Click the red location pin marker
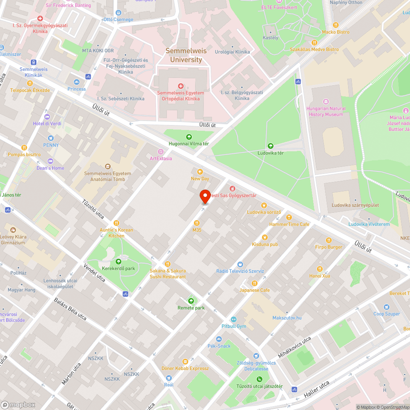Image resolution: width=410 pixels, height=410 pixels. pyautogui.click(x=205, y=197)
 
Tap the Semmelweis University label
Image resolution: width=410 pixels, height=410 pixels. pyautogui.click(x=186, y=55)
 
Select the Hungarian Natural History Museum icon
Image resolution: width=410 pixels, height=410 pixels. pyautogui.click(x=326, y=101)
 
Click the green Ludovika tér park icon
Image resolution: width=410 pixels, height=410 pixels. pyautogui.click(x=270, y=146)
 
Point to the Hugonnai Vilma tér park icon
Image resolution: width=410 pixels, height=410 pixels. pyautogui.click(x=189, y=137)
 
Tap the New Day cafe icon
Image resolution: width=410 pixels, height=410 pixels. pyautogui.click(x=200, y=172)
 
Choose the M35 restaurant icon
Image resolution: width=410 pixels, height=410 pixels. pyautogui.click(x=197, y=223)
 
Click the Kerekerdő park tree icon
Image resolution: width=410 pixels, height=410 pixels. pyautogui.click(x=118, y=262)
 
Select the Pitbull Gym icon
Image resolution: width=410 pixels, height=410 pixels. pyautogui.click(x=233, y=319)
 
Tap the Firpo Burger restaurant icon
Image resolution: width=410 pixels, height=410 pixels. pyautogui.click(x=328, y=240)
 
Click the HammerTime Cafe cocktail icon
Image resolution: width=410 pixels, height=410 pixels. pyautogui.click(x=289, y=217)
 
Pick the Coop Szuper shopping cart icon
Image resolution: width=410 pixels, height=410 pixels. pyautogui.click(x=386, y=307)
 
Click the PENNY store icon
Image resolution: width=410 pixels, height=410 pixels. pyautogui.click(x=51, y=138)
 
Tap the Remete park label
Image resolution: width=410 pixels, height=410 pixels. pyautogui.click(x=191, y=308)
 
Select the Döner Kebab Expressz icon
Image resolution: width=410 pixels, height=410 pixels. pyautogui.click(x=185, y=361)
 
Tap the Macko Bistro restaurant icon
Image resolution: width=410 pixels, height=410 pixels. pyautogui.click(x=335, y=25)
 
